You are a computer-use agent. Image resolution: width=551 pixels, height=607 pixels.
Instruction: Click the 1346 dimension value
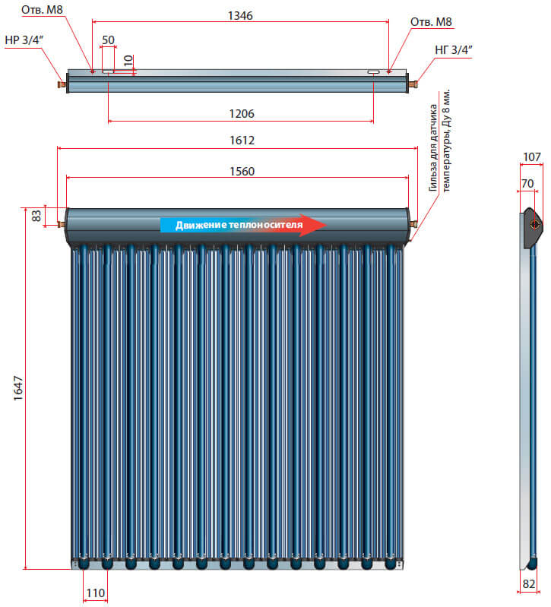coord(240,15)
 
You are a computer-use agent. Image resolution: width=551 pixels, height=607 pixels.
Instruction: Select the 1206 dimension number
coord(240,113)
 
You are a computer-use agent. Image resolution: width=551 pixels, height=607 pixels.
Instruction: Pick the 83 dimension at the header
coord(35,216)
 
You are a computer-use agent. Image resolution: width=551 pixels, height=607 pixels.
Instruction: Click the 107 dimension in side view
coord(532,157)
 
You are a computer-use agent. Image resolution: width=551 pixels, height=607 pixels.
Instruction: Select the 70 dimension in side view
coord(528,183)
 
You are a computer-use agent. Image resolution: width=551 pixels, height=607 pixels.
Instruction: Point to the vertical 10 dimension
coord(128,58)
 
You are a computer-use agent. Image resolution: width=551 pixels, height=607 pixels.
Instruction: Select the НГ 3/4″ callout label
coord(454,50)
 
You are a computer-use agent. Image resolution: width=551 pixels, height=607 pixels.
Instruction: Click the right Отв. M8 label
coord(429,22)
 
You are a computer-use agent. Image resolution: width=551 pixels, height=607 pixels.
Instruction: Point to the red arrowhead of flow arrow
coord(313,225)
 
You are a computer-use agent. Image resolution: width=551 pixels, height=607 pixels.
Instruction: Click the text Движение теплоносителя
coord(233,225)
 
